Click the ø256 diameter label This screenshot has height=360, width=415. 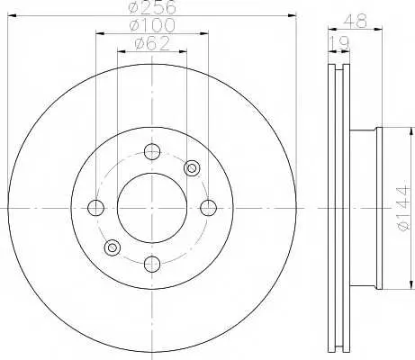[152, 7]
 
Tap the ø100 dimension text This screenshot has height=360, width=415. [152, 25]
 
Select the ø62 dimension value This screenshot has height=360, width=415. [152, 43]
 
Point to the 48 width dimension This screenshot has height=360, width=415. [356, 22]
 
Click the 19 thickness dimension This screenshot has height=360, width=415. [339, 43]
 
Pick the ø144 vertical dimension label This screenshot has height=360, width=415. [402, 208]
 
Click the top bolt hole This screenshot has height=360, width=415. [152, 152]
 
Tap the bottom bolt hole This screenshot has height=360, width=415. [152, 265]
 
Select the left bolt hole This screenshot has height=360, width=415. [96, 208]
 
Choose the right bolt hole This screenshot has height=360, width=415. [208, 208]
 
